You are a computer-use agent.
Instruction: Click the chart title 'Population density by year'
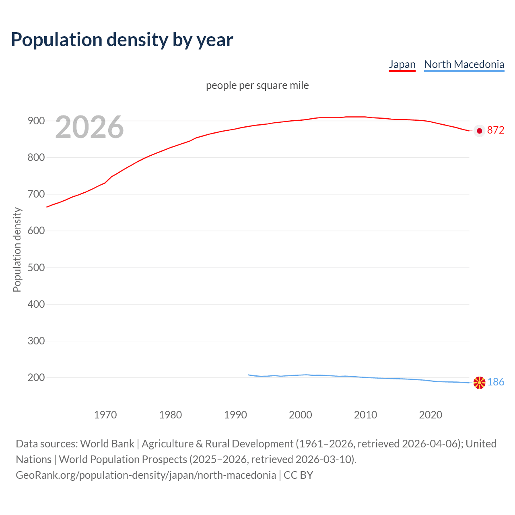coord(122,39)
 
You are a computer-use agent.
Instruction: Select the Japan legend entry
coord(402,64)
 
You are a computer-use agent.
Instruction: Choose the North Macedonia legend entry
coord(464,64)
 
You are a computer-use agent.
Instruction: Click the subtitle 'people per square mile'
coord(257,85)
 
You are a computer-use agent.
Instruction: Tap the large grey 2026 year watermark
coord(89,127)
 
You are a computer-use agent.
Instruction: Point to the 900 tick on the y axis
coord(36,121)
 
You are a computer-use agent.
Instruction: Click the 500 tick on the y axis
coord(36,268)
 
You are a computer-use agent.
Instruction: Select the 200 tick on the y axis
coord(36,377)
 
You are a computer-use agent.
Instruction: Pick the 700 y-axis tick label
coord(36,194)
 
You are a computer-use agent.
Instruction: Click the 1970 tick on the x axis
coord(105,415)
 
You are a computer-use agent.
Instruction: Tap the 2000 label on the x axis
coord(301,415)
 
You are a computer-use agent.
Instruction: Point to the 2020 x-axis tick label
coord(431,415)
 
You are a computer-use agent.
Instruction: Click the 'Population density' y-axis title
coord(17,249)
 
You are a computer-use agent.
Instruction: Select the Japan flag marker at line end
coord(479,131)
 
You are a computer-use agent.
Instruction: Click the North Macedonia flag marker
coord(479,383)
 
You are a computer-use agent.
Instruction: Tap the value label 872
coord(496,130)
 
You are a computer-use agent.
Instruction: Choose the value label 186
coord(496,382)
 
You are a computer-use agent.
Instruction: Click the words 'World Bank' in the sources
coord(107,443)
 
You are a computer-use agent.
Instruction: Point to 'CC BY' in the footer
coord(298,475)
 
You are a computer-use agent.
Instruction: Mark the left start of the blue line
coord(249,375)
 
